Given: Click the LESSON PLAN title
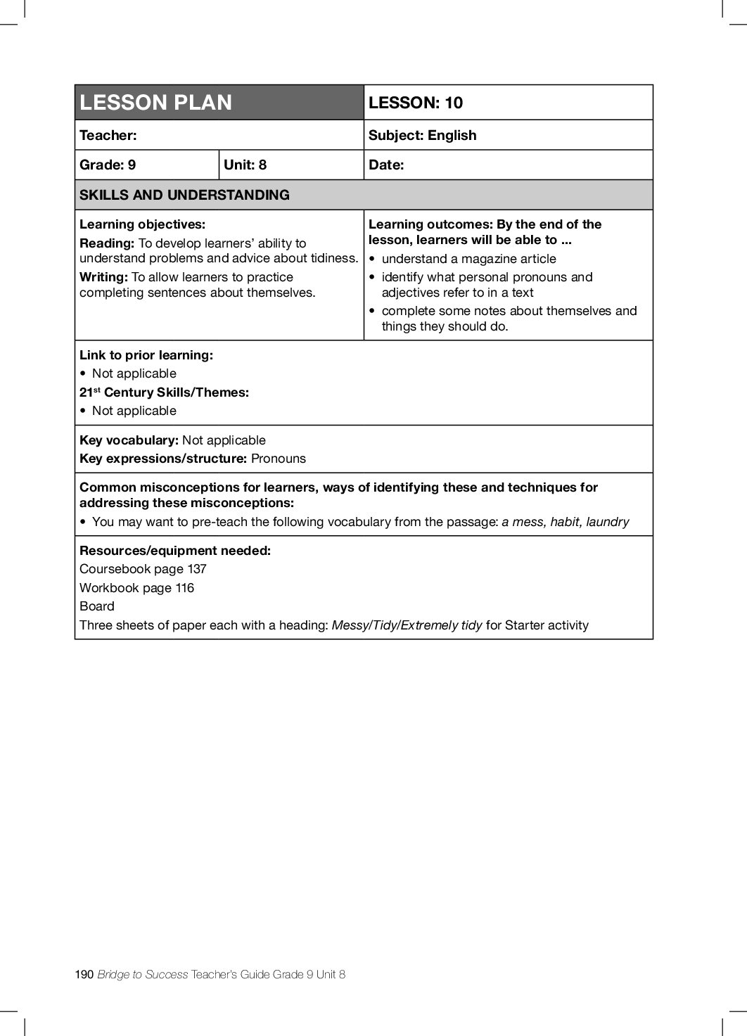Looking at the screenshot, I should point(155,103).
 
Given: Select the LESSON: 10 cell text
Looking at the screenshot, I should point(416,103).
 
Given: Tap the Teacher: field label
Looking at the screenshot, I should point(108,135).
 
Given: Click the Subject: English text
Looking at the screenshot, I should point(422,135).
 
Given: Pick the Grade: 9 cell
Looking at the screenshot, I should point(108,165).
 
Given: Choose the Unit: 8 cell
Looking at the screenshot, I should point(245,165).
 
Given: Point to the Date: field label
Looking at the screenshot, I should point(386,165).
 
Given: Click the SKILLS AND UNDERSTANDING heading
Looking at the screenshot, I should point(184,195).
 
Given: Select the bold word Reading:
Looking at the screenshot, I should point(107,243).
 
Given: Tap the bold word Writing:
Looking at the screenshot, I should point(103,277).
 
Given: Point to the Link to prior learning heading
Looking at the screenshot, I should point(146,355).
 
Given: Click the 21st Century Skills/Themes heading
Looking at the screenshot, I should point(164,392).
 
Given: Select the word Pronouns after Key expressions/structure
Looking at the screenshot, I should point(279,459).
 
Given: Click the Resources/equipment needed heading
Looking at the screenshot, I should point(175,551).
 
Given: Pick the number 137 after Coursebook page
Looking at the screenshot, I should point(197,569).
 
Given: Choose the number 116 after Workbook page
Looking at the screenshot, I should point(185,588).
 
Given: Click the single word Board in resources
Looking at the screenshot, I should point(97,606).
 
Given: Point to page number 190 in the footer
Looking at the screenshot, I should point(84,974).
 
